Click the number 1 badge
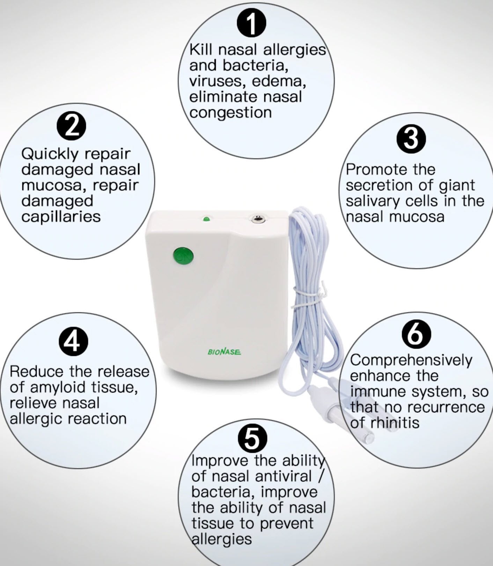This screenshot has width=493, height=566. coord(251,23)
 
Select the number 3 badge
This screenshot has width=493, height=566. coord(411,138)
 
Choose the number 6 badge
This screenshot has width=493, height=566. coord(416,334)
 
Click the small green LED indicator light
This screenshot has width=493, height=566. coord(206,219)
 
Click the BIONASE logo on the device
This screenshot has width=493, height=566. coord(224,352)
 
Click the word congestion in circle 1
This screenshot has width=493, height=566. coord(230,113)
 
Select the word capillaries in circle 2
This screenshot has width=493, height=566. coord(61,217)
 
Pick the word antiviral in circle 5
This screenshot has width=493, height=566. coord(283,476)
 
